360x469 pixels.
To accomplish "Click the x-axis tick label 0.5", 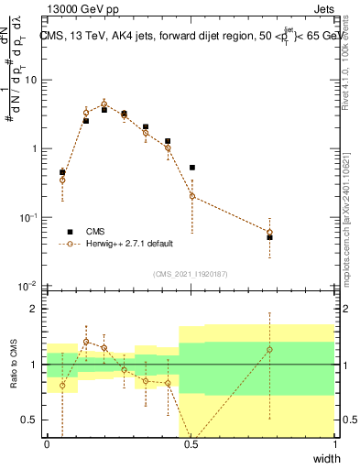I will [x=191, y=444].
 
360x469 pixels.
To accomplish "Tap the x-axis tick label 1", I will [x=334, y=444].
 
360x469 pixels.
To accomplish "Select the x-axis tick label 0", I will [x=47, y=444].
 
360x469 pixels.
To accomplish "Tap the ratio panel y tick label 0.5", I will [x=30, y=420].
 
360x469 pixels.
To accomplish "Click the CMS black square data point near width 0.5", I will [x=192, y=168].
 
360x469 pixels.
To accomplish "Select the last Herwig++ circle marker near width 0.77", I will [x=269, y=233].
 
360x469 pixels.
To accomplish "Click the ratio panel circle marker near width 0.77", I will [x=269, y=349].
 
